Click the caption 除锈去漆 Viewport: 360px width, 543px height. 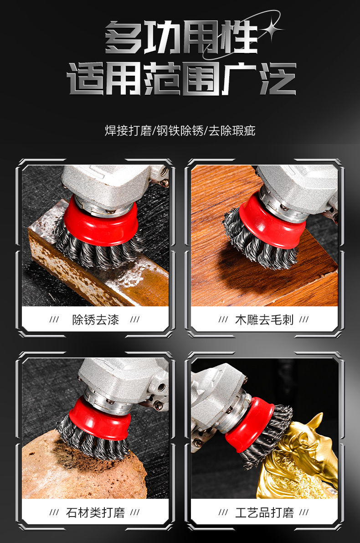point(96,319)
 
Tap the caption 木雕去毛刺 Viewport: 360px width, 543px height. point(264,319)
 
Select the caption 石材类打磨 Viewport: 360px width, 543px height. point(96,512)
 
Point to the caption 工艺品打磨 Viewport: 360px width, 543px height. point(264,512)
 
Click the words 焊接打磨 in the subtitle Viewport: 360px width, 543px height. point(129,130)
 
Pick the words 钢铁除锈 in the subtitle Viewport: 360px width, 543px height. point(180,130)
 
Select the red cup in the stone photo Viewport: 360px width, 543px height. point(100,420)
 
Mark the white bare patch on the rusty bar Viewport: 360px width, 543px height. point(133,276)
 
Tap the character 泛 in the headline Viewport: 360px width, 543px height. point(278,78)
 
